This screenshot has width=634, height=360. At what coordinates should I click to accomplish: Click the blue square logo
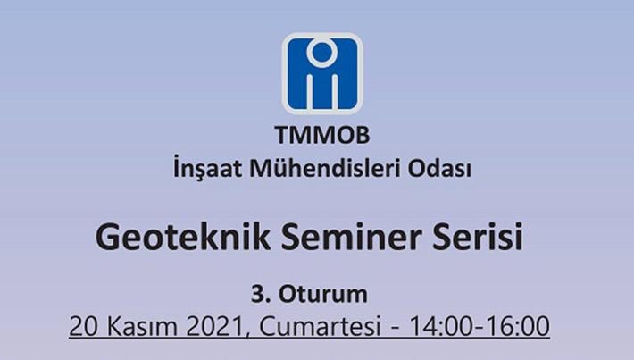tap(322, 73)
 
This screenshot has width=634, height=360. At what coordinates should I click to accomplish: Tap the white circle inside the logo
tap(321, 52)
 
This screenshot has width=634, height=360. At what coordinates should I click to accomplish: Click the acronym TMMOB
tap(322, 135)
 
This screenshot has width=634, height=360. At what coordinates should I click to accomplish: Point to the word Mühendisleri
tap(325, 167)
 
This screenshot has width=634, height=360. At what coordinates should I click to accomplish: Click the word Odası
tap(439, 167)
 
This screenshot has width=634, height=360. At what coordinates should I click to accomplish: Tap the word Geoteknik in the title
tap(183, 238)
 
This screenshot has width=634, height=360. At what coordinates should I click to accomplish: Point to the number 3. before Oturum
tap(261, 294)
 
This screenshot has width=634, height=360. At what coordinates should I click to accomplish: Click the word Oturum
tap(323, 294)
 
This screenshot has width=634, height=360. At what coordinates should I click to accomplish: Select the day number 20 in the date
tap(83, 326)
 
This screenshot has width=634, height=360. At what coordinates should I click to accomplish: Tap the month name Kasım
tap(141, 326)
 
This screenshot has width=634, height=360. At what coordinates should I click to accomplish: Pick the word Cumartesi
tap(320, 326)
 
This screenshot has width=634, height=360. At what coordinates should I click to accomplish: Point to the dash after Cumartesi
tap(395, 328)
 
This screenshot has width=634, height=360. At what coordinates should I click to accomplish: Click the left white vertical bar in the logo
tap(311, 91)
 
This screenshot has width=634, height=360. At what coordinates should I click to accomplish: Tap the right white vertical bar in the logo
tap(333, 91)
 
